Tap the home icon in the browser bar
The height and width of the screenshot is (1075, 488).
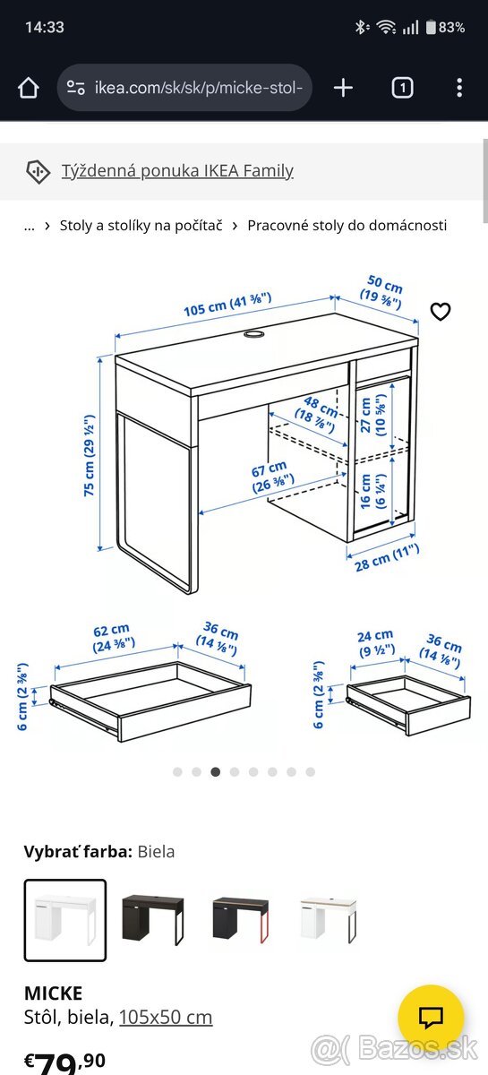point(29,89)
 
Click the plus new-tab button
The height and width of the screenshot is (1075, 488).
point(343,89)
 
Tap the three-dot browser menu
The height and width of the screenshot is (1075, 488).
point(459,89)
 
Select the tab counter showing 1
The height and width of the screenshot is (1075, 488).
point(402,89)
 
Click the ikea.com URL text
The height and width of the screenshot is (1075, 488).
point(199,89)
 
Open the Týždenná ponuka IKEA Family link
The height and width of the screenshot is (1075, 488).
point(177,171)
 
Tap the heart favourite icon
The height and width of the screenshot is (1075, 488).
point(440,312)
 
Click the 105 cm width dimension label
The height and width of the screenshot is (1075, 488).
point(227,305)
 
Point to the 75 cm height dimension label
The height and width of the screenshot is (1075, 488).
point(90,455)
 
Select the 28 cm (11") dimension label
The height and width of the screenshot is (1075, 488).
point(387,558)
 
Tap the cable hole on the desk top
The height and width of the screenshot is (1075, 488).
point(253,333)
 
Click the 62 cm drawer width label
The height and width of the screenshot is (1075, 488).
point(113,638)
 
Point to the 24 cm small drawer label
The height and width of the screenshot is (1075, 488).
point(376,643)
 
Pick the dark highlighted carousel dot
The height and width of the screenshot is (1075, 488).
point(216,771)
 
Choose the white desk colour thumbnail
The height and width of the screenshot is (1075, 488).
point(65,920)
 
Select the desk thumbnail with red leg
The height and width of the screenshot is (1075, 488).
point(241,919)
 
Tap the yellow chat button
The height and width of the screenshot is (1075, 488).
point(431,1018)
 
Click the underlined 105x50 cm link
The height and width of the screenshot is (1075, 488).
point(166,1017)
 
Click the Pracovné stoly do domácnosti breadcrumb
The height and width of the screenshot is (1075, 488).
point(347,225)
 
